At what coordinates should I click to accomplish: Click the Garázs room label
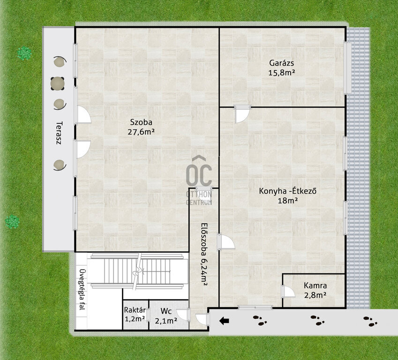pyautogui.click(x=281, y=62)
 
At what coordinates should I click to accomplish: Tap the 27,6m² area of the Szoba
pyautogui.click(x=141, y=132)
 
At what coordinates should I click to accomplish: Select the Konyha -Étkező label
pyautogui.click(x=287, y=191)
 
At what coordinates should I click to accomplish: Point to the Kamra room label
pyautogui.click(x=315, y=285)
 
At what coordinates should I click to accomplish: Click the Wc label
pyautogui.click(x=166, y=311)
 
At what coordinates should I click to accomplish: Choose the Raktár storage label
pyautogui.click(x=135, y=310)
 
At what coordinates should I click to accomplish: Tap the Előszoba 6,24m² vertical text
pyautogui.click(x=203, y=255)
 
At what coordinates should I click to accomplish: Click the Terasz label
pyautogui.click(x=59, y=133)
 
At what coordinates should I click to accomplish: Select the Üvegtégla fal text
pyautogui.click(x=82, y=289)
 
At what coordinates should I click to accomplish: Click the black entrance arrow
pyautogui.click(x=224, y=321)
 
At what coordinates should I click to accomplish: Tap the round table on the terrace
pyautogui.click(x=57, y=83)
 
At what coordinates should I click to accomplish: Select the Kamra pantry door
pyautogui.click(x=288, y=292)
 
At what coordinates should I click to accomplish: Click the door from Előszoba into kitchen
pyautogui.click(x=225, y=242)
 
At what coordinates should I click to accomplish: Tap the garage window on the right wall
pyautogui.click(x=347, y=68)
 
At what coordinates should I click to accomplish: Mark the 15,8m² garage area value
pyautogui.click(x=281, y=73)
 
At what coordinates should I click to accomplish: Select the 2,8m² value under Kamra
pyautogui.click(x=315, y=295)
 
